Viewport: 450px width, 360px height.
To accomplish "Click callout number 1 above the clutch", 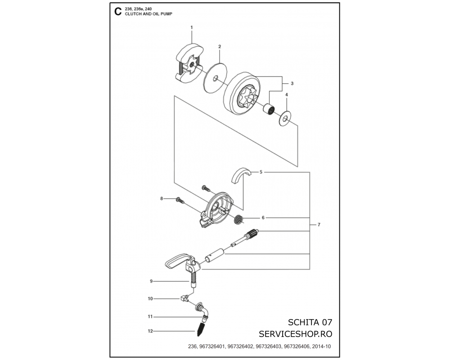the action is [x=191, y=27].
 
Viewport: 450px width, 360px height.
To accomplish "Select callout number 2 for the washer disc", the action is [x=220, y=46].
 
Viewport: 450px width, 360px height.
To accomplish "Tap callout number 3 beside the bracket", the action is [x=292, y=84].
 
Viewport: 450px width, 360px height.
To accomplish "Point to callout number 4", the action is [x=286, y=95].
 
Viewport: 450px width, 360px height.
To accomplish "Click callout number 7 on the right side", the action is [x=319, y=225].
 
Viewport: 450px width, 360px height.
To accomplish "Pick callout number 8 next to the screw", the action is [x=162, y=198].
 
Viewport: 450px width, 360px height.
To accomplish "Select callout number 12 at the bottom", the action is [x=150, y=331].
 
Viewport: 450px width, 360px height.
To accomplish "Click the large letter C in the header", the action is [x=117, y=12].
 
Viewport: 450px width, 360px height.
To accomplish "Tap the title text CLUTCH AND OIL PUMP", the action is [x=148, y=14].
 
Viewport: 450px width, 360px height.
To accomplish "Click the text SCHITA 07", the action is [x=310, y=322].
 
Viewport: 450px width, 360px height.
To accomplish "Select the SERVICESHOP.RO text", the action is [x=295, y=334].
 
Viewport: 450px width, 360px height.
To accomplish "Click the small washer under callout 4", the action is [x=285, y=118].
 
